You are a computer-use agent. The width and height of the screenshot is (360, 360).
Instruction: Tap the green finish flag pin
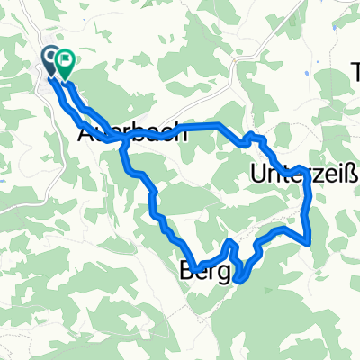(65, 63)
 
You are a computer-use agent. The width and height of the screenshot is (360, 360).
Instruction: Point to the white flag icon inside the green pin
(65, 60)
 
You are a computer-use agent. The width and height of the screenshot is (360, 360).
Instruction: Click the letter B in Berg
(186, 266)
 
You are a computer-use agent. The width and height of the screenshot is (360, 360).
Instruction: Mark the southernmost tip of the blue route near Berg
(238, 280)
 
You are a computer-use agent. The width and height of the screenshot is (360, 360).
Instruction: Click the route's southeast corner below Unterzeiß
(310, 241)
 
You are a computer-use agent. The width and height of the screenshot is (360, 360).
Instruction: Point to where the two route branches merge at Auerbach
(121, 139)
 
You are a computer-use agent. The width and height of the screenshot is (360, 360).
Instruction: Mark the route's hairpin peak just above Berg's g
(230, 242)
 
